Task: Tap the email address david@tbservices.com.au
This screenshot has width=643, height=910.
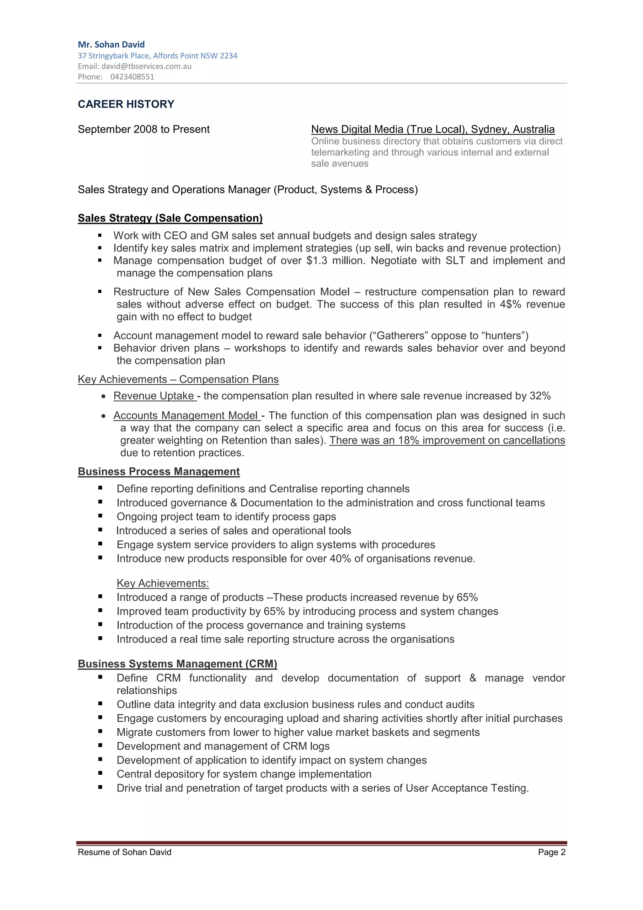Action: tap(146, 66)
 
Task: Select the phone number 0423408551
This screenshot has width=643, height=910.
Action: tap(132, 77)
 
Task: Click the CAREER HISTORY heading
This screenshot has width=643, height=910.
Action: tap(126, 104)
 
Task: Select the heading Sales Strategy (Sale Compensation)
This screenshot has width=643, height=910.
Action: tap(170, 218)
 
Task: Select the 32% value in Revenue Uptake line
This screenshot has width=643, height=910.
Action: tap(540, 396)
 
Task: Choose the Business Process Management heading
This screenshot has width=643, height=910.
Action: tap(159, 471)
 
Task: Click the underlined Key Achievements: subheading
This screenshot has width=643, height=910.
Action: tap(162, 583)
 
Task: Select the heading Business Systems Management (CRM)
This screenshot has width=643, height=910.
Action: tap(177, 664)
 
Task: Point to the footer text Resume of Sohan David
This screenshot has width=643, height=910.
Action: tap(124, 852)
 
